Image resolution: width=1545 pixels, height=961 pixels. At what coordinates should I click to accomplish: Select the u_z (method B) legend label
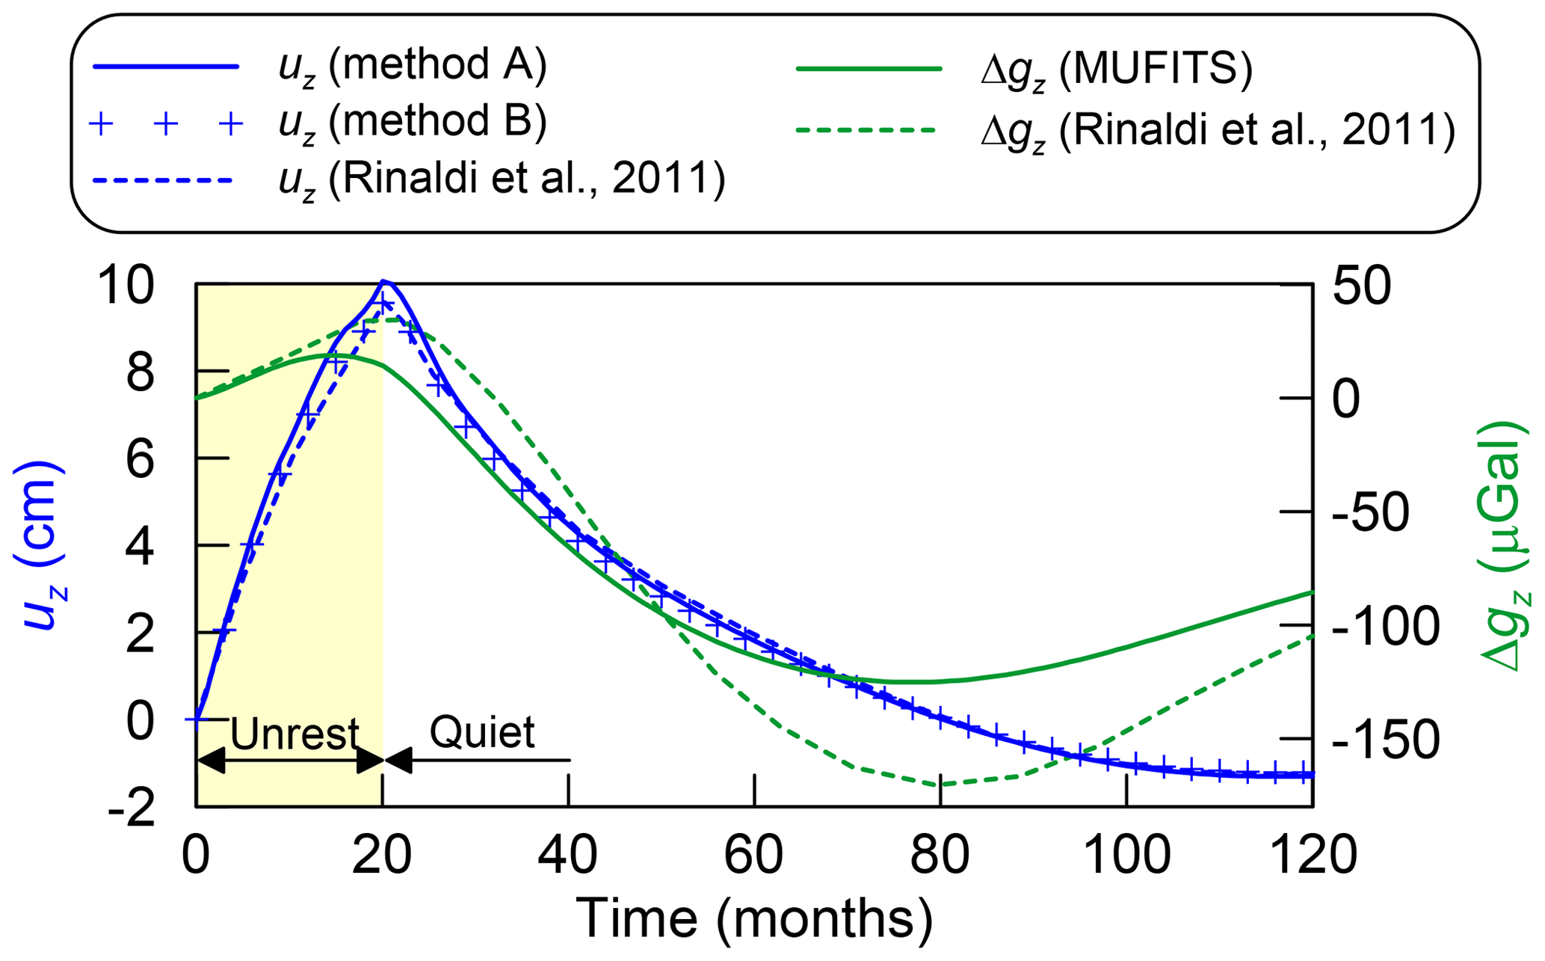412,123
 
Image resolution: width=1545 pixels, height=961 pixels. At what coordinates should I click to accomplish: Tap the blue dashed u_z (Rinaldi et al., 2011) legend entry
501,180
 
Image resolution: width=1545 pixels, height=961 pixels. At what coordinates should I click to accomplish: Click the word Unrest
294,734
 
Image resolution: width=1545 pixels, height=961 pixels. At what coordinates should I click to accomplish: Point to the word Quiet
482,731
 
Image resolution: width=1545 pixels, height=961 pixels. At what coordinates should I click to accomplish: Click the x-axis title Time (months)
754,918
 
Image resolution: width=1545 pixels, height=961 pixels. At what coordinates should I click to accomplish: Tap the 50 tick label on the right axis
1362,286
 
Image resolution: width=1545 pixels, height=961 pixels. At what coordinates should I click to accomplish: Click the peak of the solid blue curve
384,281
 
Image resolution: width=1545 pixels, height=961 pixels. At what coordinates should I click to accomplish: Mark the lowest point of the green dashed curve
939,785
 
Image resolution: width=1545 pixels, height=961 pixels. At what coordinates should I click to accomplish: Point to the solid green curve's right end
1312,592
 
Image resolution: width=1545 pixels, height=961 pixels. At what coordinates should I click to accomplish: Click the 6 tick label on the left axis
140,459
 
